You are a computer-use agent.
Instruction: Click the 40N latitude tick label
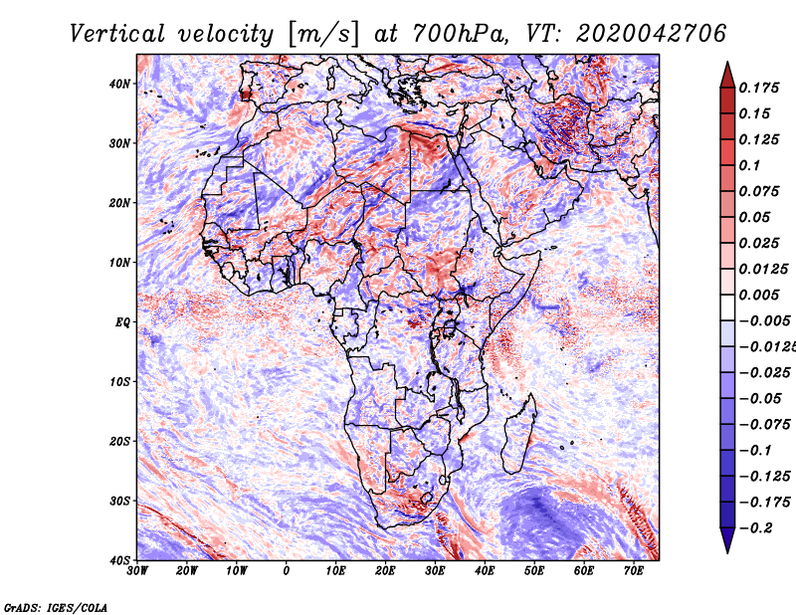[119, 84]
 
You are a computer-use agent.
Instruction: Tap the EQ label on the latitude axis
[122, 322]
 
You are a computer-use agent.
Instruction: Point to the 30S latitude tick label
[119, 501]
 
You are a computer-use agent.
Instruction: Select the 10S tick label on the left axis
[119, 381]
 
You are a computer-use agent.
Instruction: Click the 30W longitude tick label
[137, 571]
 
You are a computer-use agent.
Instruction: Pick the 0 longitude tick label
[287, 571]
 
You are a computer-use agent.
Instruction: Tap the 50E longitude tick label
[534, 571]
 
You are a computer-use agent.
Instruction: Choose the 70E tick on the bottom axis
[633, 571]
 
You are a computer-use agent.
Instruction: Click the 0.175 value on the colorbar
[758, 88]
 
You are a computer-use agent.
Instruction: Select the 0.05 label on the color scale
[755, 217]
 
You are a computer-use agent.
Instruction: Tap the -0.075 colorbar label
[765, 425]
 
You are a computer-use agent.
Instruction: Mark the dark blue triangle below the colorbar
[727, 539]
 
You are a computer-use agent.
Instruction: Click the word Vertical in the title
[117, 34]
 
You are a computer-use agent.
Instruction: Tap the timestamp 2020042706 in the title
[651, 34]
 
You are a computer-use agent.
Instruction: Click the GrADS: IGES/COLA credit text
[56, 607]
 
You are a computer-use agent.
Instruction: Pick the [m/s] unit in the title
[323, 35]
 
